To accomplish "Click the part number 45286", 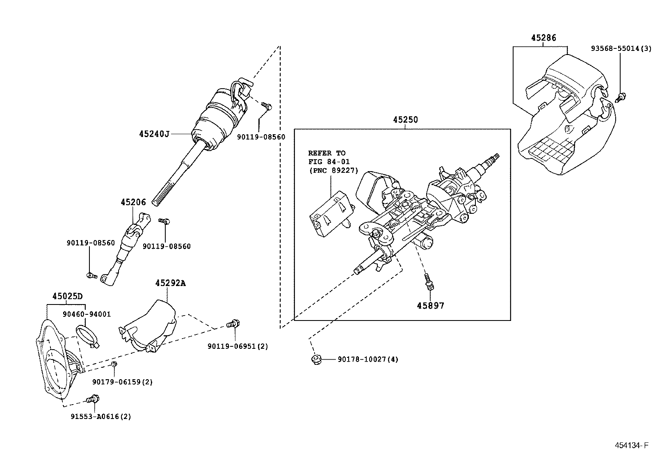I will pyautogui.click(x=543, y=38).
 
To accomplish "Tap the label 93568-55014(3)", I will pyautogui.click(x=621, y=48).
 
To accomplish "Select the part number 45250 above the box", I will pyautogui.click(x=405, y=120).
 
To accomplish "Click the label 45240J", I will pyautogui.click(x=154, y=134).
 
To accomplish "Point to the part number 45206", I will pyautogui.click(x=133, y=202).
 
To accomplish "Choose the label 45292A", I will pyautogui.click(x=170, y=284).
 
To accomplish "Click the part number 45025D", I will pyautogui.click(x=67, y=296).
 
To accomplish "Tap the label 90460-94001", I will pyautogui.click(x=87, y=314).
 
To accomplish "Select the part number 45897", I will pyautogui.click(x=431, y=306).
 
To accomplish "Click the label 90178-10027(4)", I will pyautogui.click(x=368, y=359).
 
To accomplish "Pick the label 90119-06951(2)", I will pyautogui.click(x=237, y=346).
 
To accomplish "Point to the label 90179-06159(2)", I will pyautogui.click(x=122, y=382).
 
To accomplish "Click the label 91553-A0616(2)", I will pyautogui.click(x=100, y=417).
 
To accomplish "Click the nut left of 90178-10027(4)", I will pyautogui.click(x=315, y=360).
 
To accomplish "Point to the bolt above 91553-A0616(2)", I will pyautogui.click(x=94, y=398).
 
